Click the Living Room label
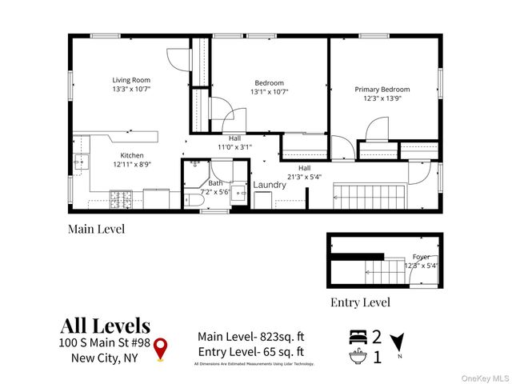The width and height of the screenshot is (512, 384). point(130,80)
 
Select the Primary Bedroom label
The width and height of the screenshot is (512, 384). point(382,90)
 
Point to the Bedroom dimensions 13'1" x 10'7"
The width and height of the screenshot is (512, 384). point(269,92)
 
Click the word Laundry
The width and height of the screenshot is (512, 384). point(270,186)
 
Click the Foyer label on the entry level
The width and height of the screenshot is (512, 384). point(421,257)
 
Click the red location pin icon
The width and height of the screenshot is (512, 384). point(161,348)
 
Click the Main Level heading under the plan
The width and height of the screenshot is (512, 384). point(96,230)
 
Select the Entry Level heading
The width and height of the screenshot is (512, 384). point(360,302)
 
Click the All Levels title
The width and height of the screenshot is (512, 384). point(105,326)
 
